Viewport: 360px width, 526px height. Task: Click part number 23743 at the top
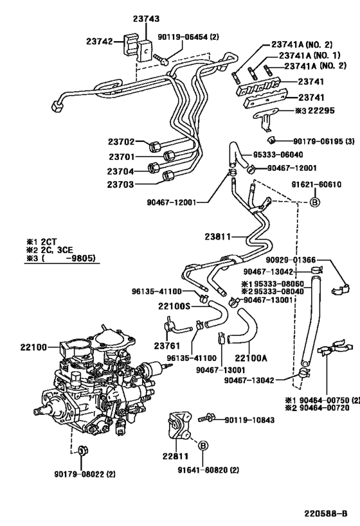[146, 19]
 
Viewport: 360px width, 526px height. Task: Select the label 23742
[100, 41]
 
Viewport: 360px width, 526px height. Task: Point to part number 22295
[321, 110]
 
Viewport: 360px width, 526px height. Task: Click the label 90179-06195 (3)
[324, 141]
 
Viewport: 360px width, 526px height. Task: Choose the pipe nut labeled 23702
[155, 146]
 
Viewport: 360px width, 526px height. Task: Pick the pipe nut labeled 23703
[168, 175]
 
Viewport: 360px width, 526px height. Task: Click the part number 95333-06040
[278, 155]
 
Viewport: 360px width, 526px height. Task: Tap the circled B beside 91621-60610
[315, 202]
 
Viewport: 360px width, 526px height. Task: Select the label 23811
[218, 237]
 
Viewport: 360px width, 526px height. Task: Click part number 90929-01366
[291, 260]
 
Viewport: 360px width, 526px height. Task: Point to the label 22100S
[174, 306]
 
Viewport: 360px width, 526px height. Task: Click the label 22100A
[251, 358]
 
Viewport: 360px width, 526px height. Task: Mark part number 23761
[167, 345]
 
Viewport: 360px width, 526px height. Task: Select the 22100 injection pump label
[33, 347]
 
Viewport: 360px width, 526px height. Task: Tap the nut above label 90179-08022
[81, 451]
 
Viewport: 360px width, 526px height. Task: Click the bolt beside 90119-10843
[205, 418]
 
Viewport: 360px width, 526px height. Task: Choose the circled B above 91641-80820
[203, 446]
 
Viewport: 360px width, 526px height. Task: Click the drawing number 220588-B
[326, 514]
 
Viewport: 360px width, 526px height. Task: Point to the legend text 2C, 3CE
[57, 250]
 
